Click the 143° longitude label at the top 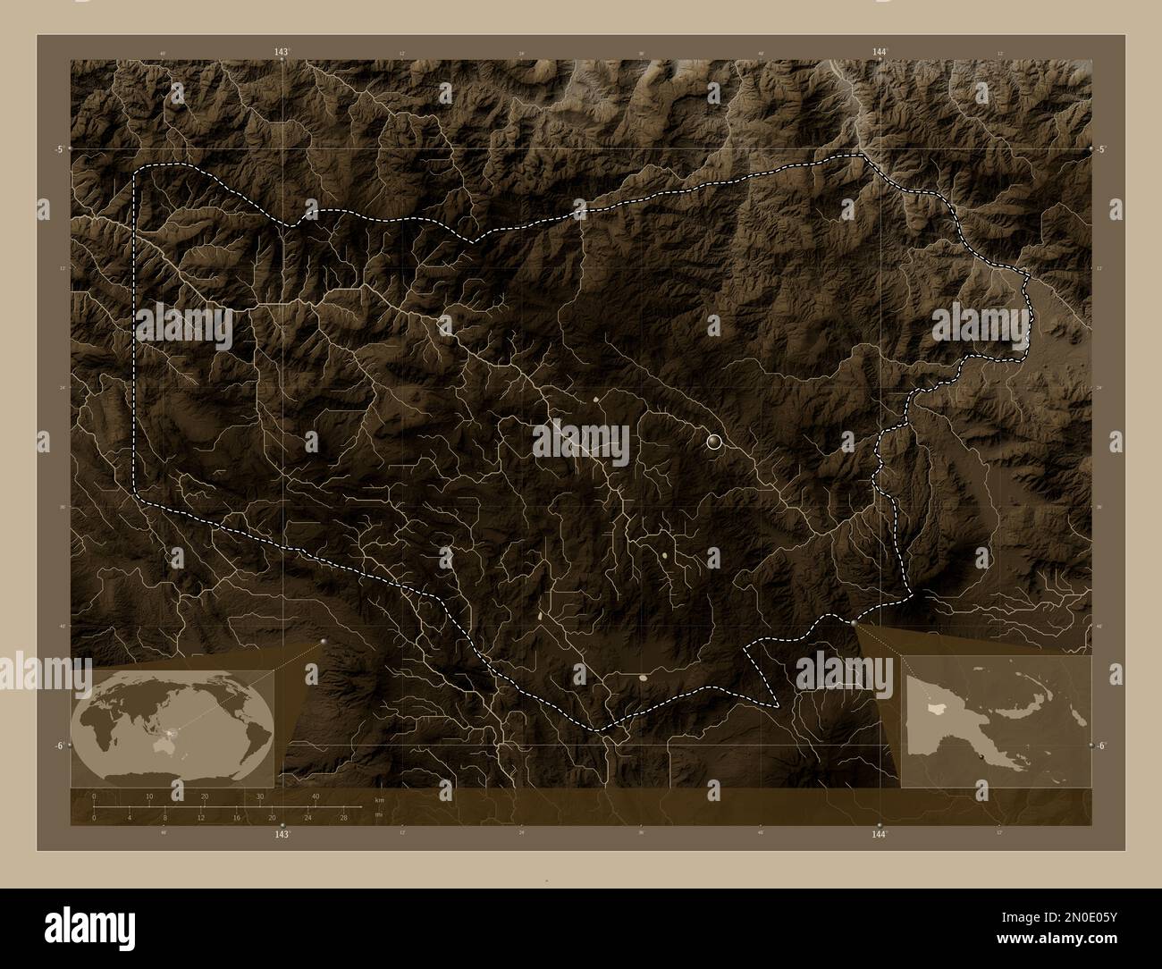[x=282, y=54]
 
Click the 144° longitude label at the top [x=880, y=54]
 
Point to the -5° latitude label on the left [x=60, y=149]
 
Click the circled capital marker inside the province [x=713, y=441]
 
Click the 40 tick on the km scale [x=316, y=796]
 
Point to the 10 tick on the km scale [x=149, y=796]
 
